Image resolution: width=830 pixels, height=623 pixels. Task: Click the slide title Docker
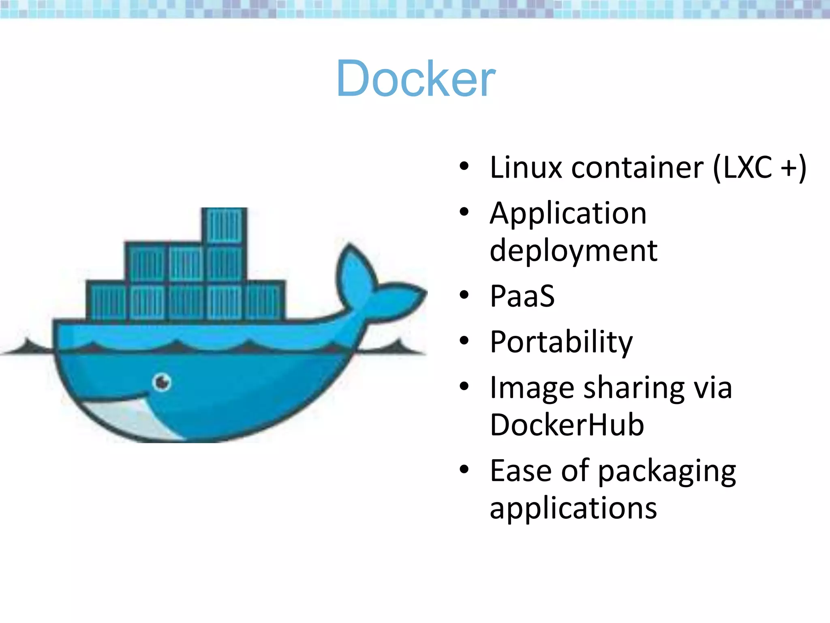pos(416,79)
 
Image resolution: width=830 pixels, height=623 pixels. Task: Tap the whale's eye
pos(162,382)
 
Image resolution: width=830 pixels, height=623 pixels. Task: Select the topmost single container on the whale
pos(224,226)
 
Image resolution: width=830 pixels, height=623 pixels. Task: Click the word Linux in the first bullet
pos(525,167)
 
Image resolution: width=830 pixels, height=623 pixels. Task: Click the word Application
pos(568,213)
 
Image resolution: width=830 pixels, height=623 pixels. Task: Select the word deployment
pos(573,251)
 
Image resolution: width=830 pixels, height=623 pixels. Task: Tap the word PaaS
pos(522,296)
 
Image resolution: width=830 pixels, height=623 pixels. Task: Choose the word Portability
pos(561,342)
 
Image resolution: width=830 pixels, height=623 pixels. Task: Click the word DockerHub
pos(567,425)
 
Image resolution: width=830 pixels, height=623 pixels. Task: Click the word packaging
pos(667,471)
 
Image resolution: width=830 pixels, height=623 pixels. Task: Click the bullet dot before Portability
pos(464,340)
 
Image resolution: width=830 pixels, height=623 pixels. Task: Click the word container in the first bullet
pos(637,167)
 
